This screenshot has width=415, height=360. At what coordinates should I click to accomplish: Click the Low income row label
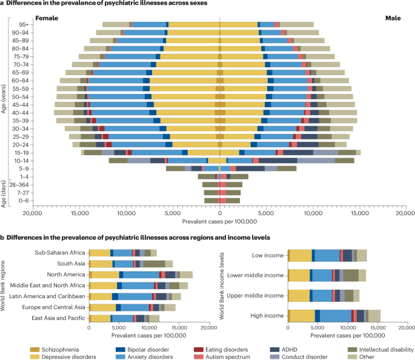coord(267,255)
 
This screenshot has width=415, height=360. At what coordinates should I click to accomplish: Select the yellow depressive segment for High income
coord(302,316)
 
